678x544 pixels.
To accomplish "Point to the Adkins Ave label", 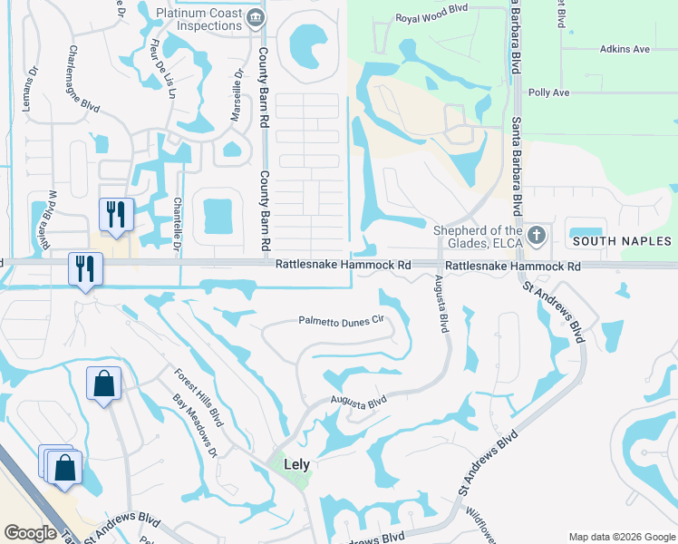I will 624,49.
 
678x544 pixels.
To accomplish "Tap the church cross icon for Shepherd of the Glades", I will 537,236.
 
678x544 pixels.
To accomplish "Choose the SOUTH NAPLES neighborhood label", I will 621,241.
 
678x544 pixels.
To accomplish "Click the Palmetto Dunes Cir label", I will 342,320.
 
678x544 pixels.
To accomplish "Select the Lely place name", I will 296,464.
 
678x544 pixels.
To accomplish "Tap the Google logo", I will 31,533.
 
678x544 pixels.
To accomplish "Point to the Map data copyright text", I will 621,536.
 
